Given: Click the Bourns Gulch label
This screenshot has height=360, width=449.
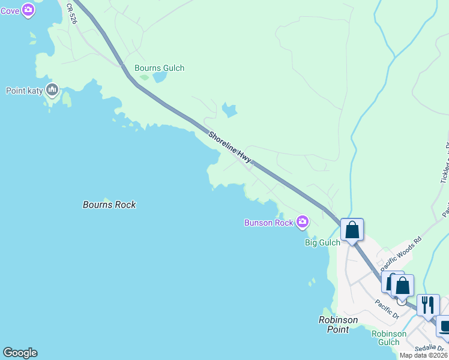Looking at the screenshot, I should (x=159, y=68).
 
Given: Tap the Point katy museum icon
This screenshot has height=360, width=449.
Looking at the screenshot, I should (x=52, y=91).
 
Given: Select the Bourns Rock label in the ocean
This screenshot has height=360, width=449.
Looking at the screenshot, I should (x=109, y=205).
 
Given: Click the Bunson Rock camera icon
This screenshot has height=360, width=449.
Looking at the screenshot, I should (x=303, y=223).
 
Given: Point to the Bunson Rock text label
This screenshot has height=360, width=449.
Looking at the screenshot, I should (x=268, y=223).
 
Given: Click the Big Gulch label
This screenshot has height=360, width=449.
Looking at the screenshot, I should (x=322, y=242).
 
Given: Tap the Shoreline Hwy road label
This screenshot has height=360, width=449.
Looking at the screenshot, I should (x=230, y=146).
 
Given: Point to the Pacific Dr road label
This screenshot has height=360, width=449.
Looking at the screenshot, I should (x=388, y=308).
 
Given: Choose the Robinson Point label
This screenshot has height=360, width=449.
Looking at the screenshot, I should (x=338, y=325).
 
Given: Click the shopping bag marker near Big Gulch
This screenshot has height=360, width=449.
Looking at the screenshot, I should (x=352, y=229).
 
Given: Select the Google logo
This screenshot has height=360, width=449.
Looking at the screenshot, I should (x=20, y=353).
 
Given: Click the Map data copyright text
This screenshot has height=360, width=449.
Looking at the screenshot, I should (x=424, y=355).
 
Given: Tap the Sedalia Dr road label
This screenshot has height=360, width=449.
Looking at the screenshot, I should (x=430, y=349).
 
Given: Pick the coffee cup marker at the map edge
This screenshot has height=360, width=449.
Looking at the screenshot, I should (x=444, y=326).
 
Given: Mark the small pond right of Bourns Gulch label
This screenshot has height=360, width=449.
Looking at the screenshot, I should (x=160, y=77).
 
